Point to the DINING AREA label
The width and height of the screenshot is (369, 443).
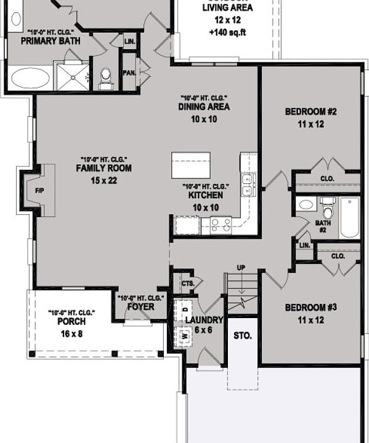pyautogui.click(x=204, y=107)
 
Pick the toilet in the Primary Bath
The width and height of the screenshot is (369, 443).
pyautogui.click(x=105, y=76)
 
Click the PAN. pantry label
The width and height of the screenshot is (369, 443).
pyautogui.click(x=129, y=72)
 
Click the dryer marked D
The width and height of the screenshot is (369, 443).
pyautogui.click(x=185, y=306)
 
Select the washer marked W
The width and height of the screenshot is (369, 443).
pyautogui.click(x=184, y=337)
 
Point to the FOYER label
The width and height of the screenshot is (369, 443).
pyautogui.click(x=140, y=306)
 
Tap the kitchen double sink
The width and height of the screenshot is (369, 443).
pyautogui.click(x=248, y=185)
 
